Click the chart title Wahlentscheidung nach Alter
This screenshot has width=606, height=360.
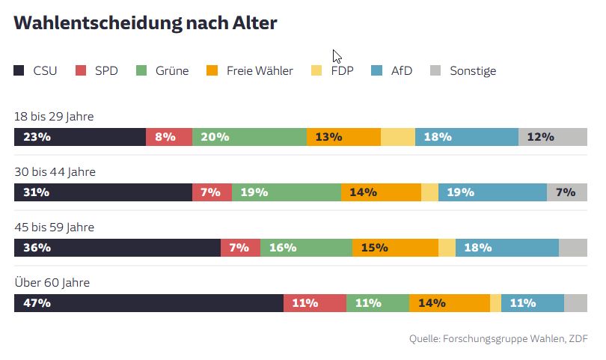145,23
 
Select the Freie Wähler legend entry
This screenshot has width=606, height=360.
249,71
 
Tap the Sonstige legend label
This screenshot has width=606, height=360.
472,71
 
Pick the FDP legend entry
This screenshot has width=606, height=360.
341,71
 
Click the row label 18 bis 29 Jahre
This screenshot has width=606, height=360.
54,117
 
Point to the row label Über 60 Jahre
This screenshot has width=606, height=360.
52,283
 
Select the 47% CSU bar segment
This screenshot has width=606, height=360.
148,303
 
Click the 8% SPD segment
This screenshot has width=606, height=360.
169,137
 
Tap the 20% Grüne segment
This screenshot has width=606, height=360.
249,137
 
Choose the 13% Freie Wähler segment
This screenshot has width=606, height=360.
343,137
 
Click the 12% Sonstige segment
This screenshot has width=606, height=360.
553,137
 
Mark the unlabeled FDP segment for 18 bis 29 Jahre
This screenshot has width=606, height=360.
398,137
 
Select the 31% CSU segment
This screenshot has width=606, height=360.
103,192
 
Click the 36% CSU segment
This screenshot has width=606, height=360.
117,248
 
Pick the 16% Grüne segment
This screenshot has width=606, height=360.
306,248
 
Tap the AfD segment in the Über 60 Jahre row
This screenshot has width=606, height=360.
532,303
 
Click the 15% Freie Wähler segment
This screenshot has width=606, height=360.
395,248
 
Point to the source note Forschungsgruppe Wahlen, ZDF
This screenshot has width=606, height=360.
498,339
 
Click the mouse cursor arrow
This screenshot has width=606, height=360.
337,56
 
